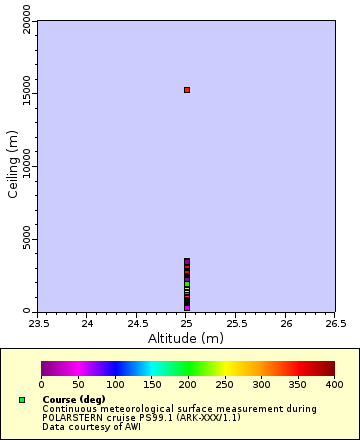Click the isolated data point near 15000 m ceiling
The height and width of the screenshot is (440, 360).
pyautogui.click(x=187, y=90)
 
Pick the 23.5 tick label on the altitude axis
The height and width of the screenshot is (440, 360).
pyautogui.click(x=38, y=323)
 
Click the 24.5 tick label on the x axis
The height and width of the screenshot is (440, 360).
pyautogui.click(x=137, y=323)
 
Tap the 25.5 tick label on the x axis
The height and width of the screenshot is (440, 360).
pyautogui.click(x=236, y=323)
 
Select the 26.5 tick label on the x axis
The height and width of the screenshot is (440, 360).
pyautogui.click(x=336, y=323)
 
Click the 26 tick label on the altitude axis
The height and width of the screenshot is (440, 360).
pyautogui.click(x=286, y=323)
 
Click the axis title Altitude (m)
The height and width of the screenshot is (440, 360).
pyautogui.click(x=187, y=338)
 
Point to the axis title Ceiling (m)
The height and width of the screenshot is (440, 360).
pyautogui.click(x=13, y=161)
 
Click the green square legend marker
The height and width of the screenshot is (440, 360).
pyautogui.click(x=22, y=400)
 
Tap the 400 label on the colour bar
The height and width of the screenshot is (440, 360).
pyautogui.click(x=334, y=384)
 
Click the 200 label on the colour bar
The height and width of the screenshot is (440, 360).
pyautogui.click(x=188, y=384)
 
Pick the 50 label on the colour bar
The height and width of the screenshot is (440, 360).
pyautogui.click(x=78, y=384)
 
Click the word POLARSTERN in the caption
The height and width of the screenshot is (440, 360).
pyautogui.click(x=74, y=418)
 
